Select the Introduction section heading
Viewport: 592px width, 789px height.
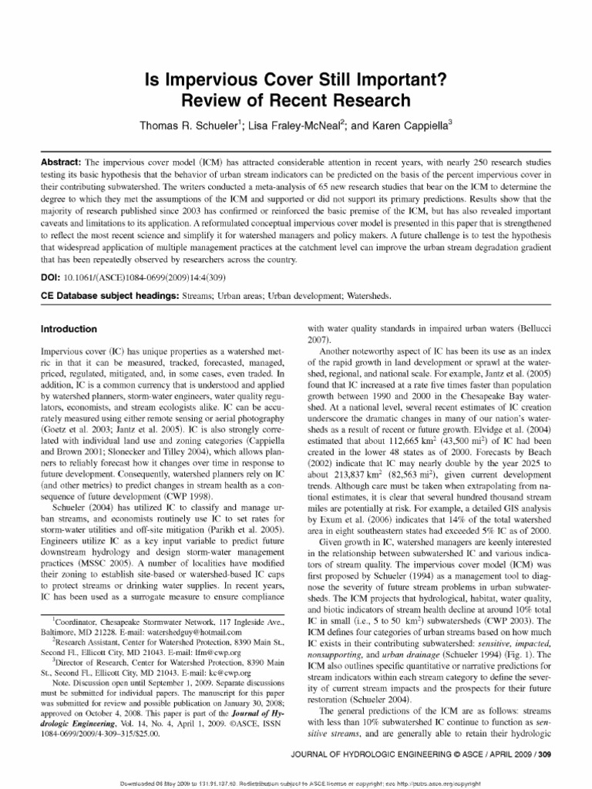pos(69,329)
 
